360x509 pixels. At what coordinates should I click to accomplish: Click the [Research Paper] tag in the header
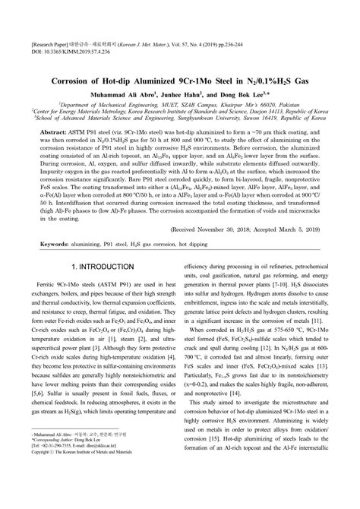[x=46, y=43]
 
